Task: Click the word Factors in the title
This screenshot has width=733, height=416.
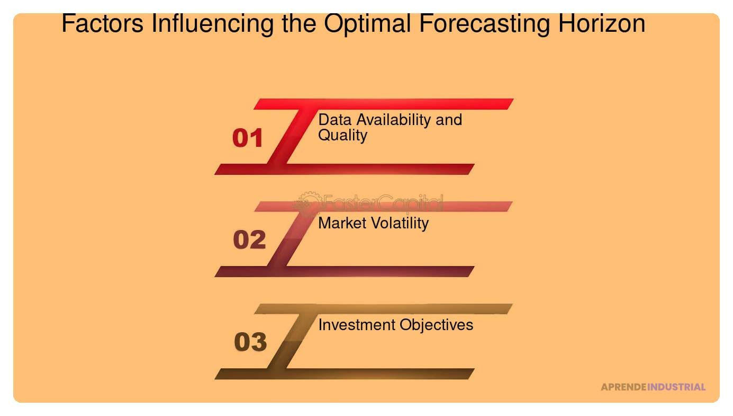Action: click(103, 24)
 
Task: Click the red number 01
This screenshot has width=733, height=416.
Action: click(248, 138)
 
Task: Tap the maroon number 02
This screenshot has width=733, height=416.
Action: click(249, 240)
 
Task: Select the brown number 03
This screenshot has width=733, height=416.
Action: click(250, 342)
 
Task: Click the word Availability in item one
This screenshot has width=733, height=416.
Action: click(392, 120)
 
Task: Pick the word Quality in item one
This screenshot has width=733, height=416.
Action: click(342, 135)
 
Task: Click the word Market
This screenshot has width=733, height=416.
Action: click(341, 223)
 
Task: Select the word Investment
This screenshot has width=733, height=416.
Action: click(357, 324)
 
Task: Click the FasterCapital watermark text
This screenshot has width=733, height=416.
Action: click(382, 203)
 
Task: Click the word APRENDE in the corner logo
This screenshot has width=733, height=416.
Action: click(623, 387)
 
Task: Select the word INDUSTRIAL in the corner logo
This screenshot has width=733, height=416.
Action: click(676, 387)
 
